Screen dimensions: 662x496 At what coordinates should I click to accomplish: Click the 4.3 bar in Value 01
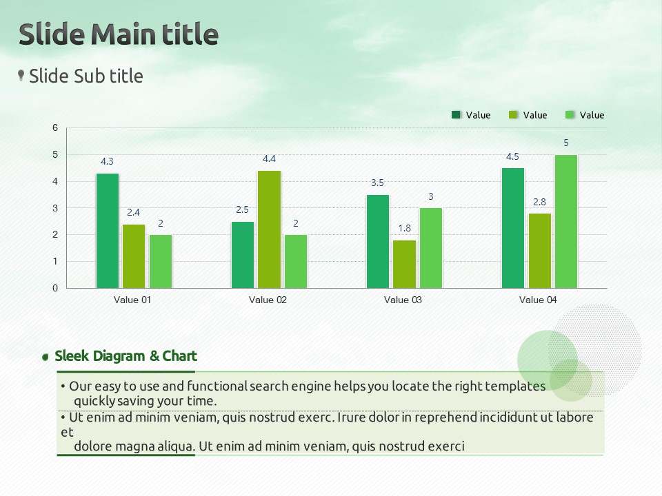108,231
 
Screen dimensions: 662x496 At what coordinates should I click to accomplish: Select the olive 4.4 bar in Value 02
270,229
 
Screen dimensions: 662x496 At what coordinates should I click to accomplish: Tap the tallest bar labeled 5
566,221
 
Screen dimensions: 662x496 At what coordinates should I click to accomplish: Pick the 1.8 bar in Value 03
405,264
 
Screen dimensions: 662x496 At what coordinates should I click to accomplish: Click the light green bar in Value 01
161,262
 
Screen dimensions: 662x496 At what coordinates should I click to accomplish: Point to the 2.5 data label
242,209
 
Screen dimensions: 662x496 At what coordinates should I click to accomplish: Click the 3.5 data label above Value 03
377,183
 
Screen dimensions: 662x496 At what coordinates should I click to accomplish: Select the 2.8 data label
539,202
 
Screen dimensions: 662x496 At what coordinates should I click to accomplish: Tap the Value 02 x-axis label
268,300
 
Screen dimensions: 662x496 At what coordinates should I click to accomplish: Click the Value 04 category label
538,300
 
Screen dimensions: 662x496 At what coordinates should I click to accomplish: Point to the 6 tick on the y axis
55,128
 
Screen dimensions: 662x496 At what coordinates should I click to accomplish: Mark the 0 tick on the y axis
55,289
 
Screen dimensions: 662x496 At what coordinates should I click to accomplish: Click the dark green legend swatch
456,115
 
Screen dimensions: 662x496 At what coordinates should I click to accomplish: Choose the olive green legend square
513,115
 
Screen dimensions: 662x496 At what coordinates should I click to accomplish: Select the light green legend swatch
570,115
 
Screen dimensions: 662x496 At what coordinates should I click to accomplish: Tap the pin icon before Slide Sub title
21,76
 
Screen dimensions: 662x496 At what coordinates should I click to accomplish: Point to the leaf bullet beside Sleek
46,358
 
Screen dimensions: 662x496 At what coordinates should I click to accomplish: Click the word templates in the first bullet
515,386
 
